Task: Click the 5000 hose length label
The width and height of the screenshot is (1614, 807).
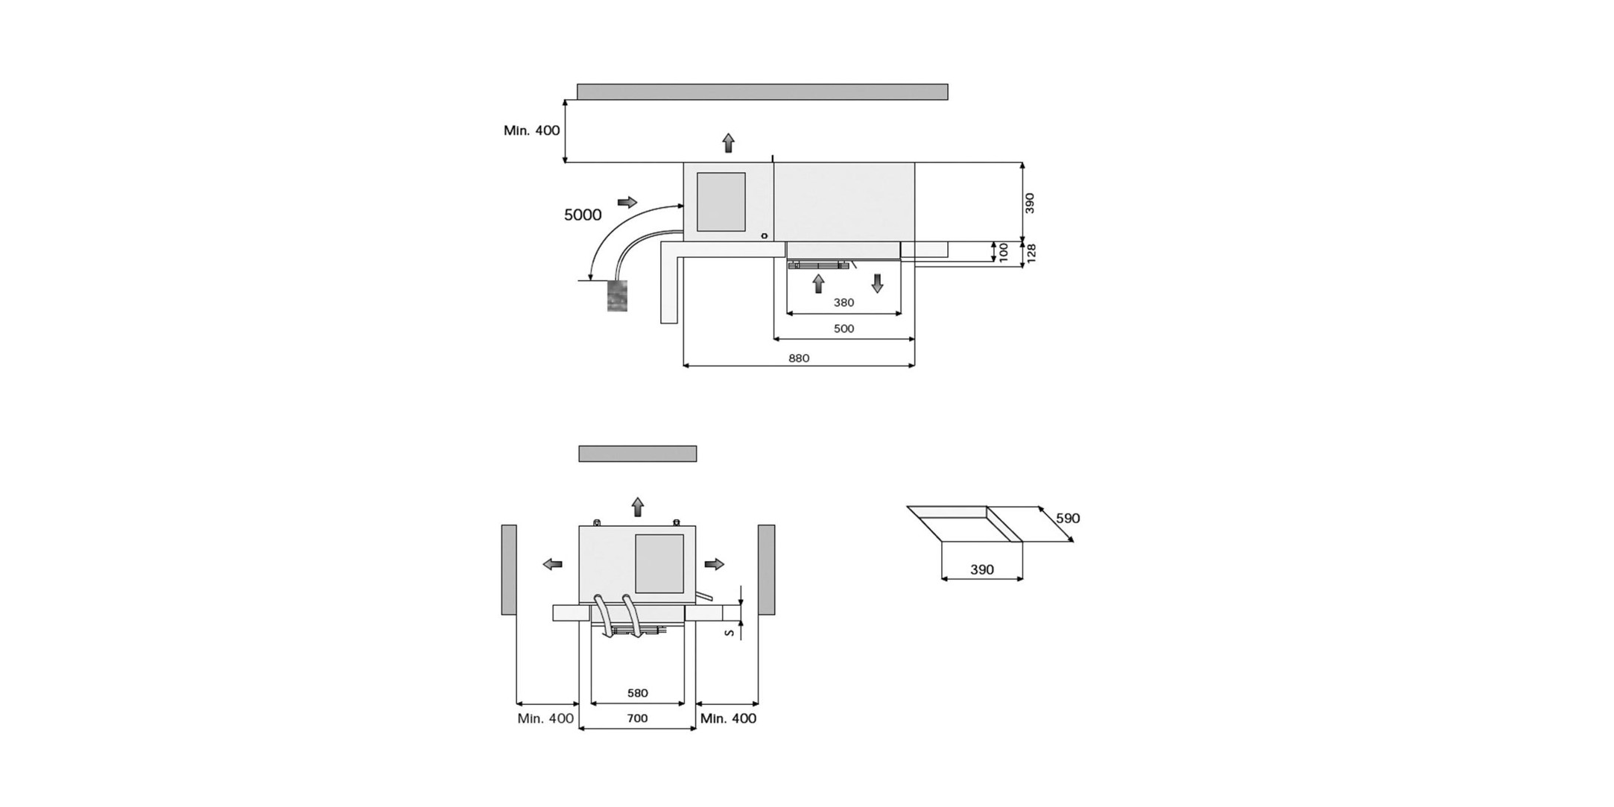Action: tap(582, 215)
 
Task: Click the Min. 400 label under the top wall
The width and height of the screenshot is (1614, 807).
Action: tap(531, 130)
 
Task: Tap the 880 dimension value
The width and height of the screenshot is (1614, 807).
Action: tap(799, 358)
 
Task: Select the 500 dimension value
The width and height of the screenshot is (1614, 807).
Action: tap(844, 329)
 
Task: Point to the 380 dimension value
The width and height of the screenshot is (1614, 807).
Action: tap(844, 303)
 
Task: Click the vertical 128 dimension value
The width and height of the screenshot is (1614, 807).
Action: tap(1031, 253)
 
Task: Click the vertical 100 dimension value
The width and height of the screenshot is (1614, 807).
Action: tap(1004, 252)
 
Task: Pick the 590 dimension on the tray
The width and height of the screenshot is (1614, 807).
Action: tap(1067, 518)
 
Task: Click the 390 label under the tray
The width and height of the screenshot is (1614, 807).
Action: tap(981, 569)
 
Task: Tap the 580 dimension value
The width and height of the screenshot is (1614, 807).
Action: tap(637, 693)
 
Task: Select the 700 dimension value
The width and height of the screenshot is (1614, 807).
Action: tap(637, 718)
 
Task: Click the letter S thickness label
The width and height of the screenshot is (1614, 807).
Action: tap(730, 633)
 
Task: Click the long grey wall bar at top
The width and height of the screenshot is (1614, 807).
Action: tap(762, 92)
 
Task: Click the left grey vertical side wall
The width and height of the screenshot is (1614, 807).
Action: tap(509, 569)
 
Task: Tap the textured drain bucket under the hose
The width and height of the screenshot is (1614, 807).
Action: tap(617, 296)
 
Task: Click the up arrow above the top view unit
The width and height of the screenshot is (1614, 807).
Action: tap(728, 142)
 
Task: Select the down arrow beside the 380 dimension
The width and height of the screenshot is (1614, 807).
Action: tap(877, 283)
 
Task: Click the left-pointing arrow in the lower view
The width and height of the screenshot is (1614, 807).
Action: tap(552, 564)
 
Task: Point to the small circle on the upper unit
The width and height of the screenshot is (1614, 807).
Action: tap(765, 236)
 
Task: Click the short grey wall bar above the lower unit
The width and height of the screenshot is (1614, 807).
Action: tap(637, 454)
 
